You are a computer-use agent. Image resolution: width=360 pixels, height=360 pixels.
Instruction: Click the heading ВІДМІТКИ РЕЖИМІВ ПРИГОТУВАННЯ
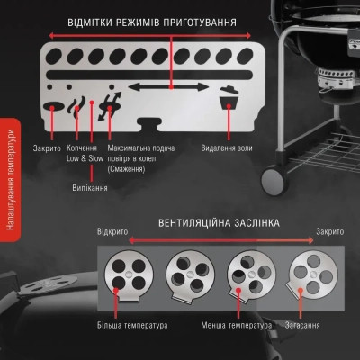[x=152, y=22]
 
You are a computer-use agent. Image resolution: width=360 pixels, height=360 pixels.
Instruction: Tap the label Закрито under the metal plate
[x=47, y=148]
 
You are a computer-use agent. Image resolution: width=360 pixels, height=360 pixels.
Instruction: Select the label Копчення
[x=82, y=148]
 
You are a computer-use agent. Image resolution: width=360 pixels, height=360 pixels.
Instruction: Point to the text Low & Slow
[x=85, y=158]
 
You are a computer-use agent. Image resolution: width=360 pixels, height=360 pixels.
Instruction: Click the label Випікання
[x=90, y=188]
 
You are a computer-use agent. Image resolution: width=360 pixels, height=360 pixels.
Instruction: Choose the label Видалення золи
[x=227, y=148]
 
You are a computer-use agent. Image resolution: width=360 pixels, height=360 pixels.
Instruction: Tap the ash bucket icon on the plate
[x=229, y=99]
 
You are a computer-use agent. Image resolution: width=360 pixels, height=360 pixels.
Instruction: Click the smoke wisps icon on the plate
[x=76, y=107]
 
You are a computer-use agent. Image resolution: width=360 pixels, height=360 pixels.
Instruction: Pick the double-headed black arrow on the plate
[x=168, y=87]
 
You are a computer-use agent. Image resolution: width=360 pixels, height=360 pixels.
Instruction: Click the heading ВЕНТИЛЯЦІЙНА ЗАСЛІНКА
[x=219, y=223]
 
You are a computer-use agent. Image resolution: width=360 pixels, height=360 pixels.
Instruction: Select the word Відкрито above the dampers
[x=112, y=232]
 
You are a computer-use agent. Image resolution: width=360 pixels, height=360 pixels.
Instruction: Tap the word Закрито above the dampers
[x=330, y=232]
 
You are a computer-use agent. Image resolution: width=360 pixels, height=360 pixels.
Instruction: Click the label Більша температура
[x=132, y=325]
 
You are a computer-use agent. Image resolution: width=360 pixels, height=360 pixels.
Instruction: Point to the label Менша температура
[x=237, y=325]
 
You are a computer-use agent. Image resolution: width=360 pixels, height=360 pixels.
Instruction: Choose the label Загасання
[x=302, y=325]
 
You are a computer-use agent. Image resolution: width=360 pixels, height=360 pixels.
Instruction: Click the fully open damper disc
[x=129, y=276]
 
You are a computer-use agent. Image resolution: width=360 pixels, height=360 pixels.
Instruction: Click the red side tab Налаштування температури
[x=10, y=180]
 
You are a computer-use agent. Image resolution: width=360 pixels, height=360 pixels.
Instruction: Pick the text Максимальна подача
[x=141, y=148]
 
